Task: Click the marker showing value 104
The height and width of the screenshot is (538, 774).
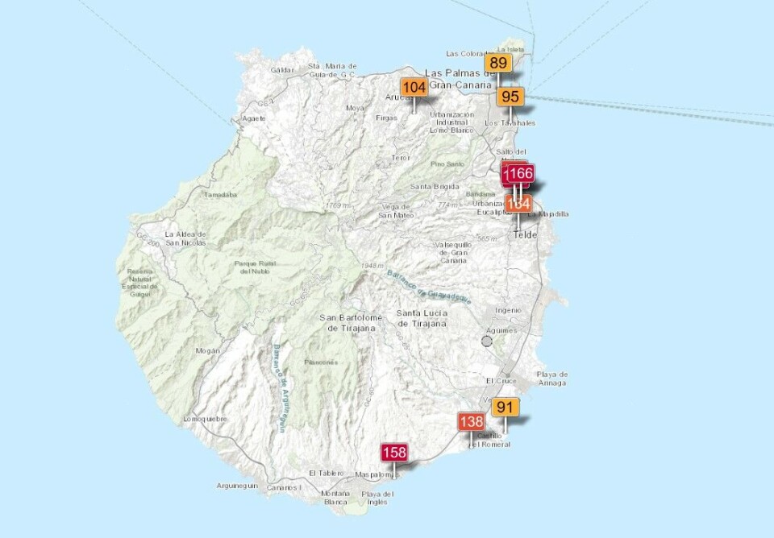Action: tap(414, 88)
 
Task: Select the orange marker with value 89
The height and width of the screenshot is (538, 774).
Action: tap(498, 63)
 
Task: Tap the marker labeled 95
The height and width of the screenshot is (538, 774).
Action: tap(510, 97)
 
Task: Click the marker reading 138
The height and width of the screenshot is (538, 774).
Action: tap(471, 421)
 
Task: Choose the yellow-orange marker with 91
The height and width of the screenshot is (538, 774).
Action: tap(506, 407)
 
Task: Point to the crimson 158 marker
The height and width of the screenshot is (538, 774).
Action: tap(394, 452)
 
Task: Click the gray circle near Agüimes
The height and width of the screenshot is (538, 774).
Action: tap(486, 341)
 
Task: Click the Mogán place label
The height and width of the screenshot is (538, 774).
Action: tap(207, 351)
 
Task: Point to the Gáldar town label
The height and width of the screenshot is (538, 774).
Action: tap(282, 70)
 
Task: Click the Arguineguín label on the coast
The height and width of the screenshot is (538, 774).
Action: tap(237, 486)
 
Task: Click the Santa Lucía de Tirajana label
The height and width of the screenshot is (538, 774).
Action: tap(422, 317)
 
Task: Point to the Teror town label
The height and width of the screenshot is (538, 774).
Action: tap(400, 158)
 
